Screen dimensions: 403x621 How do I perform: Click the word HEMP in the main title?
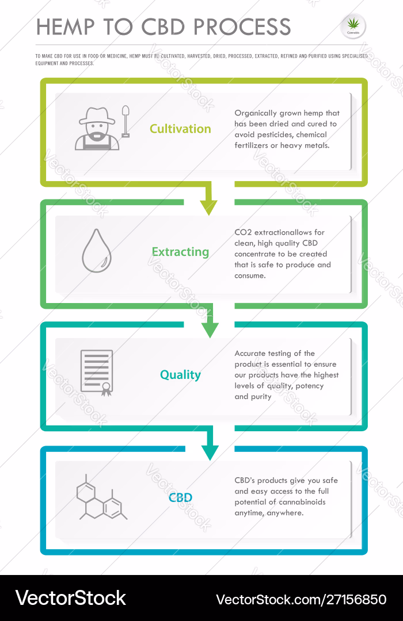click(x=66, y=27)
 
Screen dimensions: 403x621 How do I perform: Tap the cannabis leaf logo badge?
click(x=353, y=26)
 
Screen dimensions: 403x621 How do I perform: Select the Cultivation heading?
click(x=180, y=129)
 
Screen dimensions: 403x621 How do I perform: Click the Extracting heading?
click(x=180, y=252)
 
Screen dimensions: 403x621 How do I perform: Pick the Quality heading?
click(x=180, y=375)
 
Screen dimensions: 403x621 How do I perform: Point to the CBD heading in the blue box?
click(x=180, y=497)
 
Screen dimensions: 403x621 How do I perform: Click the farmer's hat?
click(x=97, y=116)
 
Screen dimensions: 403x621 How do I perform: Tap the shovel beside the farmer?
click(x=126, y=121)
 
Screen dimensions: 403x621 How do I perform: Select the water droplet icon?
click(x=96, y=251)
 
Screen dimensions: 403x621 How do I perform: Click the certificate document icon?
click(x=97, y=373)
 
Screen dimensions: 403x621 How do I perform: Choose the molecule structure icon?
click(x=101, y=497)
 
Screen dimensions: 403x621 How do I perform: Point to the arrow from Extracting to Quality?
click(x=210, y=320)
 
